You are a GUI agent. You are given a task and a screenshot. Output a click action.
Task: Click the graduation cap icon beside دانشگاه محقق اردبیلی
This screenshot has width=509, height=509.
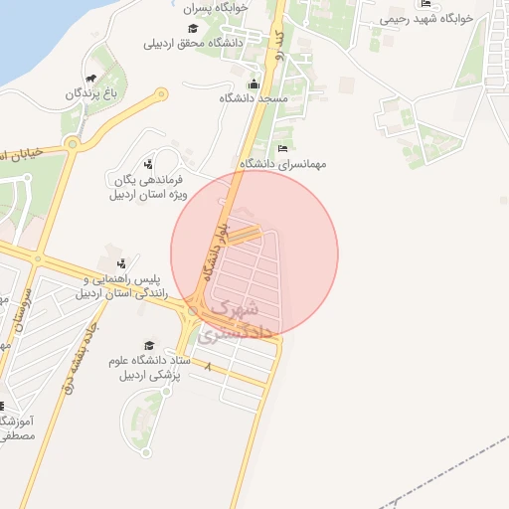click(192, 29)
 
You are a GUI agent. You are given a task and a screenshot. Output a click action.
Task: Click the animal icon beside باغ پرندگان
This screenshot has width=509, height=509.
click(91, 79)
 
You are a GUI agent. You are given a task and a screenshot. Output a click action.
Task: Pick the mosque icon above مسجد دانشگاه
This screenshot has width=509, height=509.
click(254, 85)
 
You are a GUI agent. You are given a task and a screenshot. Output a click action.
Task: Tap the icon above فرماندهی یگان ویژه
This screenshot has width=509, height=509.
click(148, 164)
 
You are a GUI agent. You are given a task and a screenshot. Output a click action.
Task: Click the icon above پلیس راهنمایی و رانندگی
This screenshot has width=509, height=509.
click(120, 263)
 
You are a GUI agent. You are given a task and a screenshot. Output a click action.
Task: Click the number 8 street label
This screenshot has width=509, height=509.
click(209, 369)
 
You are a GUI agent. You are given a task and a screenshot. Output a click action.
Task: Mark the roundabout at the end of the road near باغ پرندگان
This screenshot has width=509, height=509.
click(160, 95)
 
